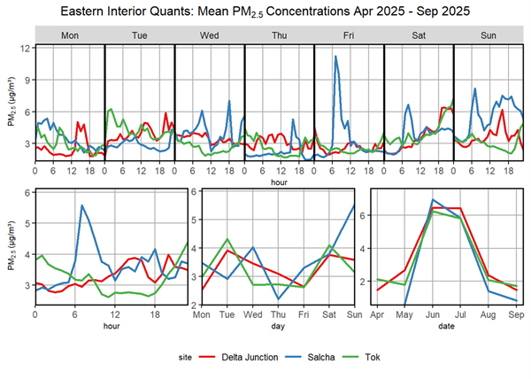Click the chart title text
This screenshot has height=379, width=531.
click(265, 12)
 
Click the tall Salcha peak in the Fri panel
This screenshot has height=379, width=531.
click(335, 57)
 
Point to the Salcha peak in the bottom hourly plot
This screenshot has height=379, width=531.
click(81, 205)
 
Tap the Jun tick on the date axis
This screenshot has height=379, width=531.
click(433, 314)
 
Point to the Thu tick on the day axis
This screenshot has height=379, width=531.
click(278, 314)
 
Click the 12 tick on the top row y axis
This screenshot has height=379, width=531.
click(27, 47)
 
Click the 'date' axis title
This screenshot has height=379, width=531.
click(445, 326)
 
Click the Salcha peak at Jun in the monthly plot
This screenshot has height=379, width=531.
click(433, 200)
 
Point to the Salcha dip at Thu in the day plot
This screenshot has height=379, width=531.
click(278, 298)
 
